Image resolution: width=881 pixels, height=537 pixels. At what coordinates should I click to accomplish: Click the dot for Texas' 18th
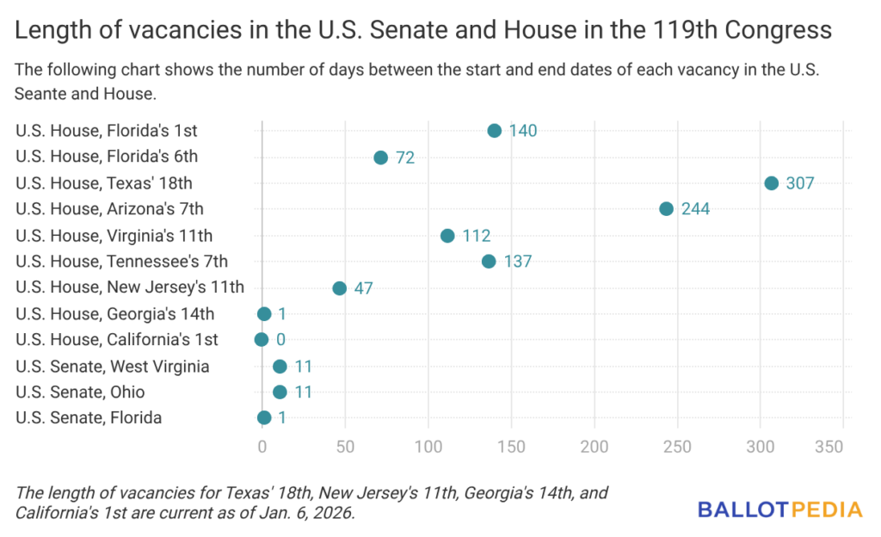[x=771, y=183]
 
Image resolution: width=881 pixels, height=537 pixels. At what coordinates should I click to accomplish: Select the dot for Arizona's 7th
[x=666, y=209]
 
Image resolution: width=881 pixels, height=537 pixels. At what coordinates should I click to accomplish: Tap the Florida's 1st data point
[x=494, y=131]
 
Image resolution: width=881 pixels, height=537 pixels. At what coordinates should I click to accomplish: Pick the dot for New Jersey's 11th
[x=339, y=288]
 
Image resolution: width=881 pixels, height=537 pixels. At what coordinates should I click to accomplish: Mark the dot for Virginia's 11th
[x=447, y=236]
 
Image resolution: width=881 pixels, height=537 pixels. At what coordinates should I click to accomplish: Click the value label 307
[x=800, y=183]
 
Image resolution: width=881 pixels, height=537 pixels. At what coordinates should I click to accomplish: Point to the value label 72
[x=406, y=157]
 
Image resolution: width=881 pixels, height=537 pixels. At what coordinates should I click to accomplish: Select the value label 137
[x=518, y=262]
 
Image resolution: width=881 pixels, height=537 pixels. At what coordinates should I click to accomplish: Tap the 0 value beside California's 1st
[x=280, y=340]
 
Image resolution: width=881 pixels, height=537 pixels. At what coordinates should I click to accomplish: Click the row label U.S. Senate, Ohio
[x=80, y=392]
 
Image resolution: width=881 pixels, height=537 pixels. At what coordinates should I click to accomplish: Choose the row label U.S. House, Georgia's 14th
[x=115, y=314]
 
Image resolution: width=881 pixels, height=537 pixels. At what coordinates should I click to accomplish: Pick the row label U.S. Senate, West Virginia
[x=113, y=367]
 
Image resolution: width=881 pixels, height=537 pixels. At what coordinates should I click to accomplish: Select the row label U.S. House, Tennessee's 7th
[x=122, y=262]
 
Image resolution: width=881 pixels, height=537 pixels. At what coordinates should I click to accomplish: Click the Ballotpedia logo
[x=779, y=509]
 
